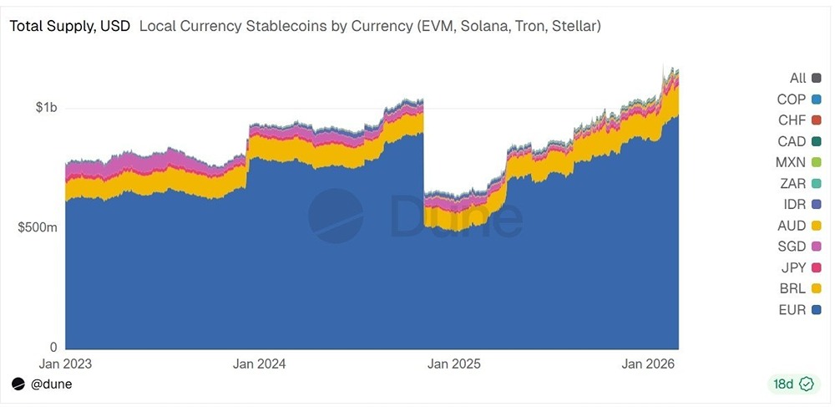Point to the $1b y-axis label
coord(46,108)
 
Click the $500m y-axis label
coord(38,228)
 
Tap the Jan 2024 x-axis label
coord(259,364)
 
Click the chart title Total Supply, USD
coord(69,26)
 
